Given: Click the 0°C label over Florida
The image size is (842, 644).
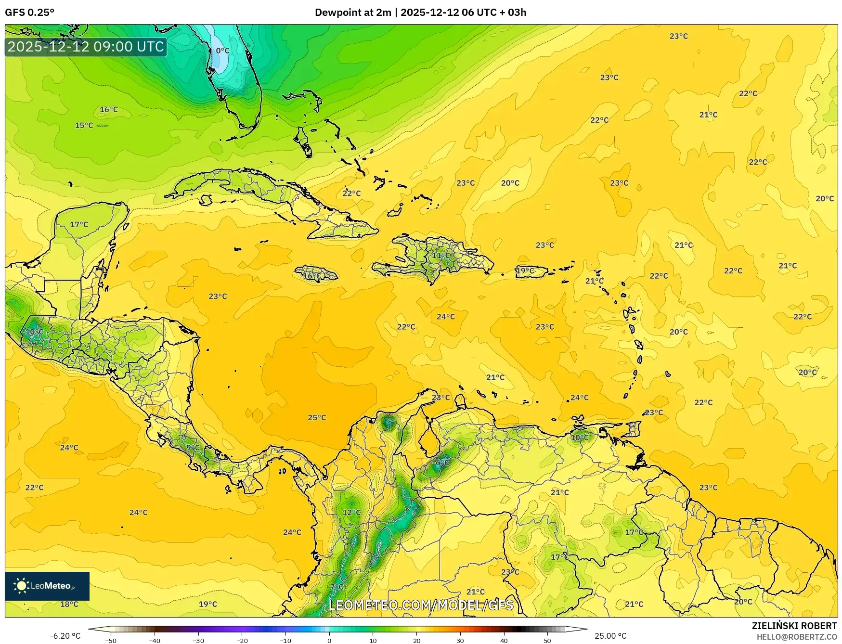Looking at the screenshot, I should [222, 51].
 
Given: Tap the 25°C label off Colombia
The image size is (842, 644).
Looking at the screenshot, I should [317, 417].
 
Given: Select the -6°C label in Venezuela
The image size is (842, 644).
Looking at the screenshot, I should [440, 463].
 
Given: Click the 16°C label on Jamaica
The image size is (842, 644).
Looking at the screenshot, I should [312, 276].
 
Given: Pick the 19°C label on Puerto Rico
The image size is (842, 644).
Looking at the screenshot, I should [525, 270].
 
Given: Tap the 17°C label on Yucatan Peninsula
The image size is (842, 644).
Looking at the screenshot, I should [79, 224].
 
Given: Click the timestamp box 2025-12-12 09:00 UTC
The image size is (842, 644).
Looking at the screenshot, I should [86, 47].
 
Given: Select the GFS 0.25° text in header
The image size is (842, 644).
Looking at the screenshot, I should [29, 13].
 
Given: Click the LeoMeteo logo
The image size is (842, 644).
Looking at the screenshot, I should [47, 586].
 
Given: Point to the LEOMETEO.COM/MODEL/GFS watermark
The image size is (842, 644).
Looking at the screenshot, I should [421, 605].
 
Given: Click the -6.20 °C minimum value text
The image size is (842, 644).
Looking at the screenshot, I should [65, 636].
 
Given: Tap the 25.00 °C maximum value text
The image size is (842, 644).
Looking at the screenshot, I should [610, 636].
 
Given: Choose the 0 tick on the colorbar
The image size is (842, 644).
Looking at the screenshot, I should [329, 640].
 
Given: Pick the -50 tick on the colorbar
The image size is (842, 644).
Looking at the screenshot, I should [111, 640].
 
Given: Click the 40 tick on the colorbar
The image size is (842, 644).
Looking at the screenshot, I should [504, 640].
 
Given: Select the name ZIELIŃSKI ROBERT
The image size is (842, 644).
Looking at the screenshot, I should [794, 626].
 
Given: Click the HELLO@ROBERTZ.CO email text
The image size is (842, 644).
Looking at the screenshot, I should [796, 637].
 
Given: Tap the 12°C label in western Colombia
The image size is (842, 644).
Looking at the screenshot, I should [351, 512].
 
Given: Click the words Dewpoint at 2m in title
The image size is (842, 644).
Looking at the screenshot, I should [353, 13].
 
